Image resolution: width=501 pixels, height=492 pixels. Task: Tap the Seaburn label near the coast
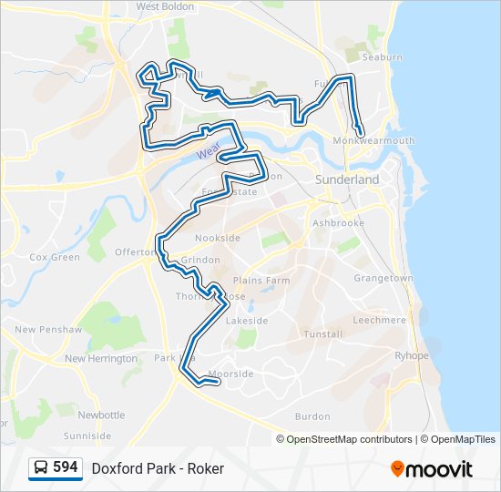[383, 57]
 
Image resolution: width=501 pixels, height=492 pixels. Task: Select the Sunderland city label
[347, 180]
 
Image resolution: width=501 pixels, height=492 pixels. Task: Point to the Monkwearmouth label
[373, 141]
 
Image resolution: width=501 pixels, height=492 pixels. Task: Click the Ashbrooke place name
[338, 222]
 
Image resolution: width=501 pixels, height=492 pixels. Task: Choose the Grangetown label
[383, 278]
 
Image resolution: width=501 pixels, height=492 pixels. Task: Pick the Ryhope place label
[411, 356]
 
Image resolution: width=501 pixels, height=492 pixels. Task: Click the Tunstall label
[323, 334]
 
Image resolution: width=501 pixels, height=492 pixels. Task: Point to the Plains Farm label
[261, 281]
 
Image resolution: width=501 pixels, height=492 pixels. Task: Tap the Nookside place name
[218, 238]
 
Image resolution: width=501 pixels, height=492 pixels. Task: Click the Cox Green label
[55, 258]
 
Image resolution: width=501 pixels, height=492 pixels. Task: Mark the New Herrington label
[99, 359]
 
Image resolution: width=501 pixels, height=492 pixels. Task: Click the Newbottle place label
[101, 415]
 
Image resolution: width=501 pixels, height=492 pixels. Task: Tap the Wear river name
[208, 152]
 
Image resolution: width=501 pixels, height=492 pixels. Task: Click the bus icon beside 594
[41, 468]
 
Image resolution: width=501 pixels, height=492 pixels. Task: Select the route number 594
[66, 467]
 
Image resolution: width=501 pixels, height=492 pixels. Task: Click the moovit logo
[432, 469]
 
